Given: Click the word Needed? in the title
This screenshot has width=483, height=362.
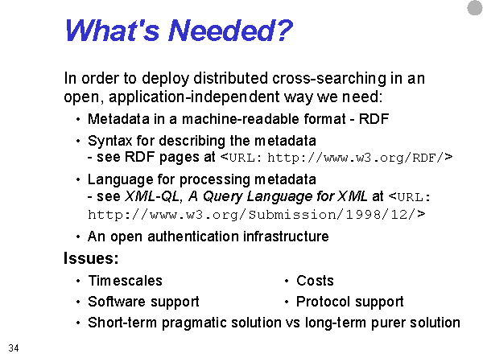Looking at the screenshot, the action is [x=230, y=31].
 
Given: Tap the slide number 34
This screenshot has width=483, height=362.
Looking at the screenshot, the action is [x=14, y=348].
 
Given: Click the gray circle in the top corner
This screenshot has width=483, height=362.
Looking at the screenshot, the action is [x=475, y=8].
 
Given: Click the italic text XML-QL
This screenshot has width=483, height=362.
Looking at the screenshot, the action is [x=151, y=196].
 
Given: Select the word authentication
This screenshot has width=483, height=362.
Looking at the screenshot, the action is [x=193, y=237].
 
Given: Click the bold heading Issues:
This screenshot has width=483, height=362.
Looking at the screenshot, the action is [x=91, y=258].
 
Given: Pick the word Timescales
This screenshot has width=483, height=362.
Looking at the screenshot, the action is [x=125, y=281].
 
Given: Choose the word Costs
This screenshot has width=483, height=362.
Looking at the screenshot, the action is [x=315, y=281].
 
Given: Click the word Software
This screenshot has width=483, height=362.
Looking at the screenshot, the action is [x=117, y=302].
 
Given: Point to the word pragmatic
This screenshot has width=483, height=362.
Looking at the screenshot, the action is [x=194, y=323].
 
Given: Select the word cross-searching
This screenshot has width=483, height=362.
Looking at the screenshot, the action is [x=329, y=79].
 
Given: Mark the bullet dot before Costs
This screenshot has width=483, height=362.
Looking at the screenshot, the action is [x=287, y=281].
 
